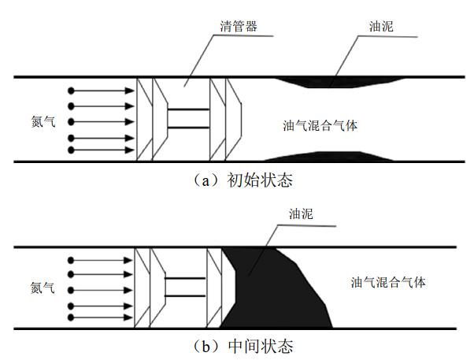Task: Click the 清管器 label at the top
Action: click(239, 27)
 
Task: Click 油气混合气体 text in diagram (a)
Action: click(322, 125)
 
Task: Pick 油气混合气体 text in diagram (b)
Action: click(388, 282)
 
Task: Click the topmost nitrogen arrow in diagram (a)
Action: click(102, 91)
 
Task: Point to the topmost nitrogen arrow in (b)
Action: click(102, 259)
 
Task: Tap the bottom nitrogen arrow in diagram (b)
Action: click(102, 317)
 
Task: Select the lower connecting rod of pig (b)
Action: click(184, 295)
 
